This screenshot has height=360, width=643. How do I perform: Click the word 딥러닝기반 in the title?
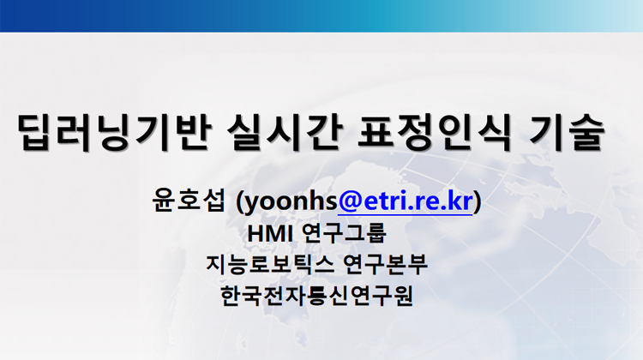click(114, 132)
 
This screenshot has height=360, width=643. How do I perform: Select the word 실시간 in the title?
click(285, 132)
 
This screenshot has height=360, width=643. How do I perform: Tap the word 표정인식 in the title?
click(435, 132)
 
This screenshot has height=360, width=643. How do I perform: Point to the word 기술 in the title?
click(567, 132)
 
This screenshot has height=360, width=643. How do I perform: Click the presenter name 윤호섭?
click(189, 201)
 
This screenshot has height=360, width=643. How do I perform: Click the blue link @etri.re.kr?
click(406, 201)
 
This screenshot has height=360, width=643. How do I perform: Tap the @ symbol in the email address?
click(350, 201)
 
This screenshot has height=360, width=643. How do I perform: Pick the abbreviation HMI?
click(270, 234)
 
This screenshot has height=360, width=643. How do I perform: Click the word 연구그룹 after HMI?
click(344, 233)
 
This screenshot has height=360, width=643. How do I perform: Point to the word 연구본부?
click(385, 264)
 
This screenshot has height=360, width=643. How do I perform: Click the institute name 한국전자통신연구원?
click(316, 296)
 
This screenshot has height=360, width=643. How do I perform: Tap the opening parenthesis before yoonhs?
click(239, 201)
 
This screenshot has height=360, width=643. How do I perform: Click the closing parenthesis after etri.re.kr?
click(478, 201)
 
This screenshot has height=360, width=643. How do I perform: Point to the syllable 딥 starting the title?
click(37, 132)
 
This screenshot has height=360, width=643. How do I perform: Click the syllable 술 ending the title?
click(586, 132)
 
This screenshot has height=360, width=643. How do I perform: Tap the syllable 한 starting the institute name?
click(231, 296)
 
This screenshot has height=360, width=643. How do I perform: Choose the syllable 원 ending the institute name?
click(403, 296)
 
